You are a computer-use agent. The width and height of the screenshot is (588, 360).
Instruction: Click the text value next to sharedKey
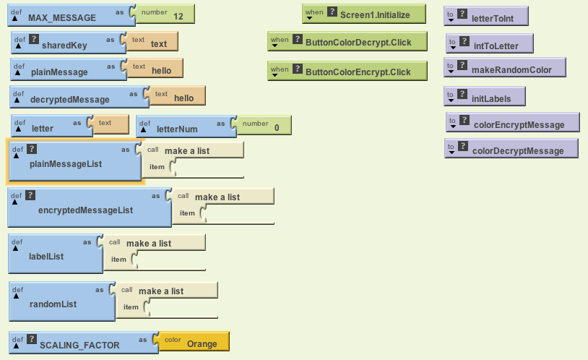[158, 44]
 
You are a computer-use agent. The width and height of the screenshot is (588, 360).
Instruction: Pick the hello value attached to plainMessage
[162, 72]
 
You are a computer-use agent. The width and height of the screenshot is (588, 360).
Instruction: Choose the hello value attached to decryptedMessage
[183, 98]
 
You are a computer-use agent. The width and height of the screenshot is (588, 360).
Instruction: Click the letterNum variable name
[177, 129]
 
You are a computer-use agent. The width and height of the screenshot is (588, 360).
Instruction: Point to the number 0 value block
[276, 127]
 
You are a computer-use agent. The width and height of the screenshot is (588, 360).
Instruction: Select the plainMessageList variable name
[66, 164]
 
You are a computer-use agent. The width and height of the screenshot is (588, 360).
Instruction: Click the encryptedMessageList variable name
[85, 210]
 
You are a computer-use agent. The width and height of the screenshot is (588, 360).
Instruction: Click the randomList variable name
[53, 304]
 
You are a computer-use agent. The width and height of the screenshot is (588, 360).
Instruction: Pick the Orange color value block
[202, 344]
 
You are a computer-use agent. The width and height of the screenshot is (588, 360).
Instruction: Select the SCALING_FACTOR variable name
[79, 346]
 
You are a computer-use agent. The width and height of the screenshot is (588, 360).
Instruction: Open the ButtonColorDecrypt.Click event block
[358, 43]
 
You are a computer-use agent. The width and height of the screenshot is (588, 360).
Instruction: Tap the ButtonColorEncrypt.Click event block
[358, 72]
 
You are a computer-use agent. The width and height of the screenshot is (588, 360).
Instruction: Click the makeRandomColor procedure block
[511, 70]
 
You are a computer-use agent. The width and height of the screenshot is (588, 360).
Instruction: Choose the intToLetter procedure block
[496, 46]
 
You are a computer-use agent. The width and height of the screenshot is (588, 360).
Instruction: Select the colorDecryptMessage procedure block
[517, 151]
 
